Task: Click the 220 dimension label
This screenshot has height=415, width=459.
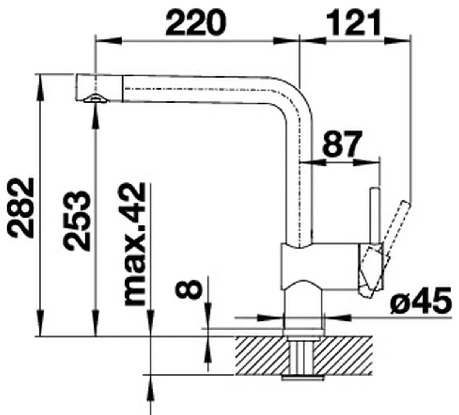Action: tap(196, 23)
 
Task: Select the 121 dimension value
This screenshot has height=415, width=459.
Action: tap(354, 23)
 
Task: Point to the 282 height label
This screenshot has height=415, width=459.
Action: tap(21, 208)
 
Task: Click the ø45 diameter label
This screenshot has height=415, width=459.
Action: tap(421, 301)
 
